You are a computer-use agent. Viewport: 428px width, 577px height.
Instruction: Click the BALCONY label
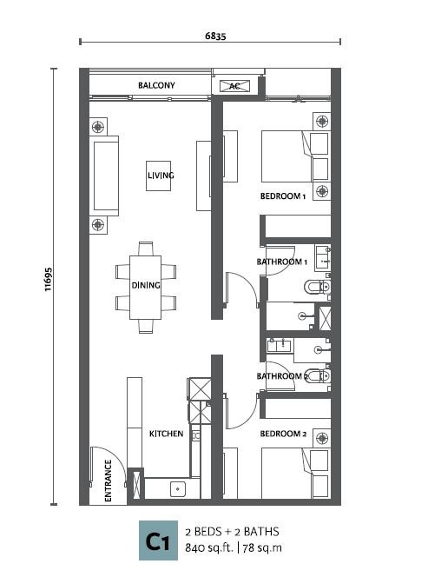[156, 85]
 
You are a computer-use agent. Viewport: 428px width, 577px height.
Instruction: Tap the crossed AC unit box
[234, 86]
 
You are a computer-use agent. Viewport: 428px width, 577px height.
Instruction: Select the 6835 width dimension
[215, 36]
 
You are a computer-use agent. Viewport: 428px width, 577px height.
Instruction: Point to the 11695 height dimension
[49, 279]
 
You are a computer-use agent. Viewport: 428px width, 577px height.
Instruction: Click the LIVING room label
[161, 176]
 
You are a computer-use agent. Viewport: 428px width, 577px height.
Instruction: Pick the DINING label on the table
[146, 285]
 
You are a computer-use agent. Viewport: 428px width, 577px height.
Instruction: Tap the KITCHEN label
[166, 434]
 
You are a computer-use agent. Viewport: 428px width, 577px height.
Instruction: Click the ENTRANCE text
[109, 481]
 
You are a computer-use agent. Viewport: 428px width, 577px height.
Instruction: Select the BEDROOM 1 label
[283, 196]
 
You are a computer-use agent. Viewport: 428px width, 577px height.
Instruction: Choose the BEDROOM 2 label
[283, 434]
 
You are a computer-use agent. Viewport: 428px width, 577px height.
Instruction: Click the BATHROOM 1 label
[282, 262]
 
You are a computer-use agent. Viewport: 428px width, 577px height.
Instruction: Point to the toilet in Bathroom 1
[318, 287]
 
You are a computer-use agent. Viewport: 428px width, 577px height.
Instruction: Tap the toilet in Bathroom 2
[318, 375]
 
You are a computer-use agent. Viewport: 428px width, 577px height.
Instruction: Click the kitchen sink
[178, 489]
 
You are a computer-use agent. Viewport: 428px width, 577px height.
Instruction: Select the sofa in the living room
[104, 176]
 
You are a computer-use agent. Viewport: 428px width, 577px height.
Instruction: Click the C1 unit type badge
[158, 541]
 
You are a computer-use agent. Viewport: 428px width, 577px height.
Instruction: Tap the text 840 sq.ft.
[209, 548]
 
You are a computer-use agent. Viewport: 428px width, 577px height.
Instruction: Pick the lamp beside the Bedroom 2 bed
[322, 438]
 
